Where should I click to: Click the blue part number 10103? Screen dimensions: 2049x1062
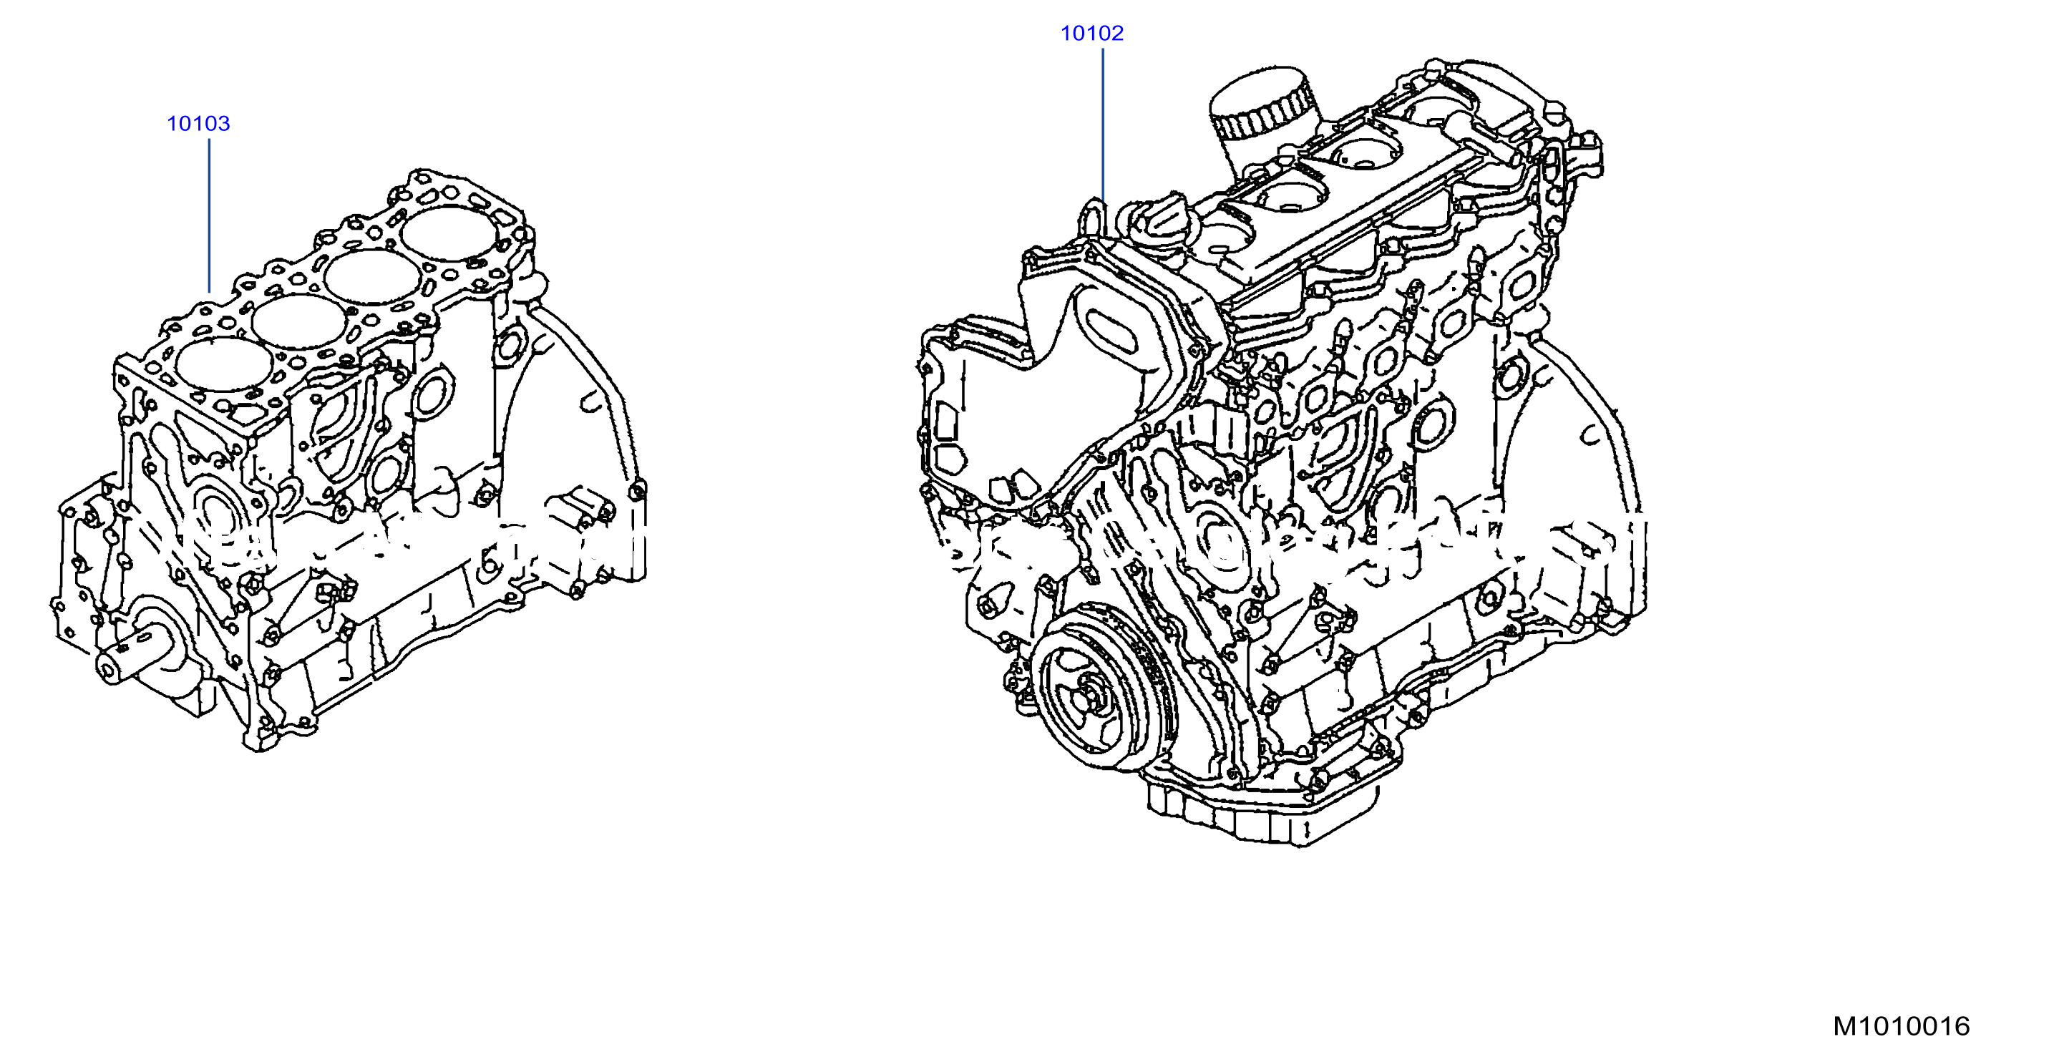[x=198, y=123]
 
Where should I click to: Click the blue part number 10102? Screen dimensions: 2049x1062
[x=1092, y=34]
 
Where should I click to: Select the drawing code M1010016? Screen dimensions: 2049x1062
[x=1901, y=1026]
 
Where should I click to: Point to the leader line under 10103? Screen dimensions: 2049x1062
[x=209, y=215]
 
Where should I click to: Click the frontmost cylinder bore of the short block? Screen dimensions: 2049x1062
[x=223, y=364]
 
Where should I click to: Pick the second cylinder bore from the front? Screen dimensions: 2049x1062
[x=300, y=321]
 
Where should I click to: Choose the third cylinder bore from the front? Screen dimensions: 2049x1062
[x=373, y=278]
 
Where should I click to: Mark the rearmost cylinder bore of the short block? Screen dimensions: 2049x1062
[x=449, y=233]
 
